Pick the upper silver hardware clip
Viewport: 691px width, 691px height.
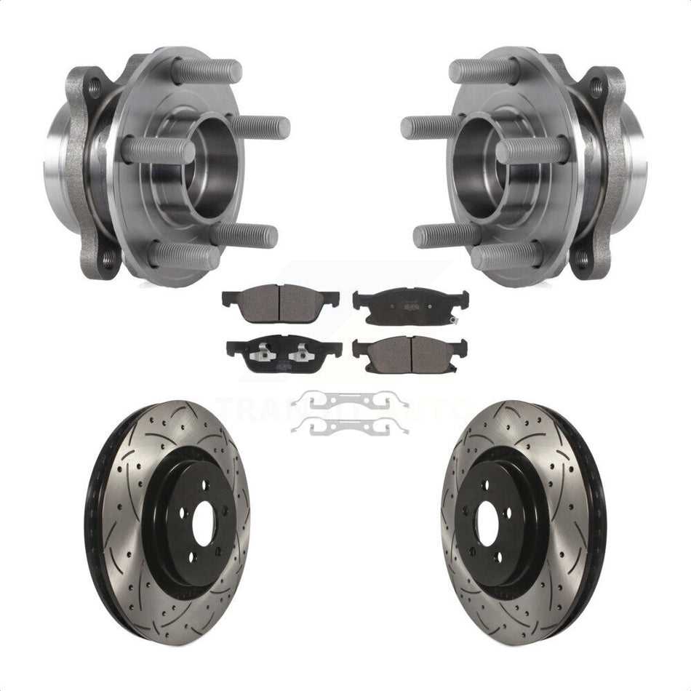pos(349,399)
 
